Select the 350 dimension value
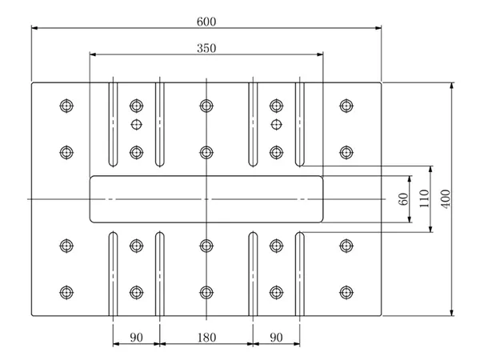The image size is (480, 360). [x=206, y=48]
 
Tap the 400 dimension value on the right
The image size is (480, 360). [x=446, y=197]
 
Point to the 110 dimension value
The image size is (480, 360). [x=425, y=197]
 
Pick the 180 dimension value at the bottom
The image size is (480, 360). [x=206, y=338]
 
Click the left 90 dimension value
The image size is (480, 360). [x=136, y=338]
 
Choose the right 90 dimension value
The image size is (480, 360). [x=276, y=338]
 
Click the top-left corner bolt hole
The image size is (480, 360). [x=66, y=105]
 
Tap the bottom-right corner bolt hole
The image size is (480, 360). [x=346, y=291]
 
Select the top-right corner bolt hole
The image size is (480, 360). [x=346, y=105]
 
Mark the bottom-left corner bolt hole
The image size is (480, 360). [x=66, y=291]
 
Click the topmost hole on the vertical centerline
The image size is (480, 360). [x=206, y=105]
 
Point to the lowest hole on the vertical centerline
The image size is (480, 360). [x=206, y=291]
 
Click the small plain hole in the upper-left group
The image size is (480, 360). [x=136, y=124]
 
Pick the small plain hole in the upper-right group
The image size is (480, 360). [x=277, y=124]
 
